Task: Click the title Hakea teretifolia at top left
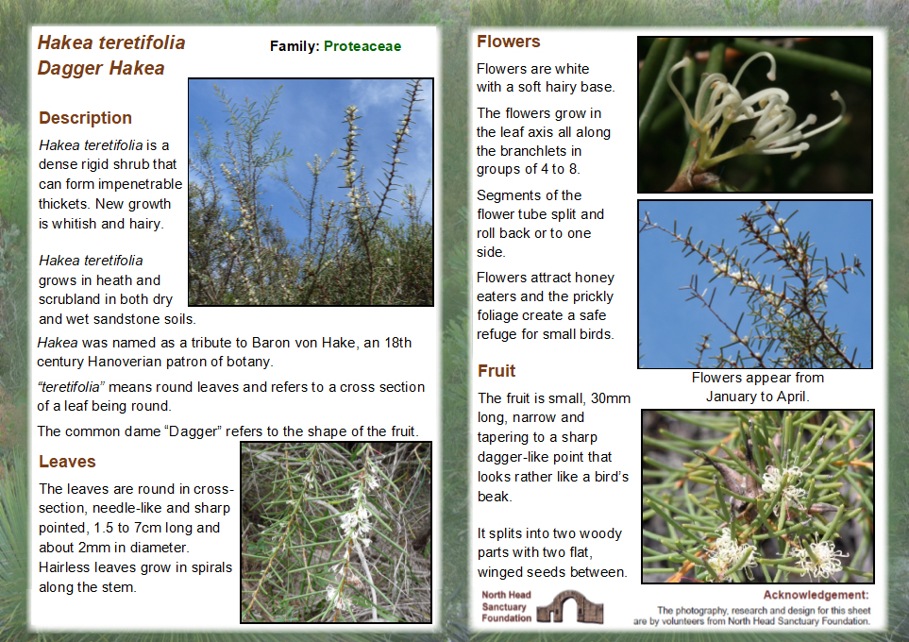point(111,42)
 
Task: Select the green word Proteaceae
point(362,46)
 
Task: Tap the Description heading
point(85,118)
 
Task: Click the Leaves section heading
point(67,462)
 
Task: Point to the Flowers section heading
point(508,42)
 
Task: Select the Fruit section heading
point(497,370)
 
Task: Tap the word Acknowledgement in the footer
point(816,595)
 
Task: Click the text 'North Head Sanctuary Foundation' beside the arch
point(507,606)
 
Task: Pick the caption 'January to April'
point(757,397)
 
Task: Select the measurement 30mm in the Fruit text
point(608,398)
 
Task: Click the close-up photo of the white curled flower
point(754,114)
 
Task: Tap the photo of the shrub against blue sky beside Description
point(311,192)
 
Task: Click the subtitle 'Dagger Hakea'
point(101,68)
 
